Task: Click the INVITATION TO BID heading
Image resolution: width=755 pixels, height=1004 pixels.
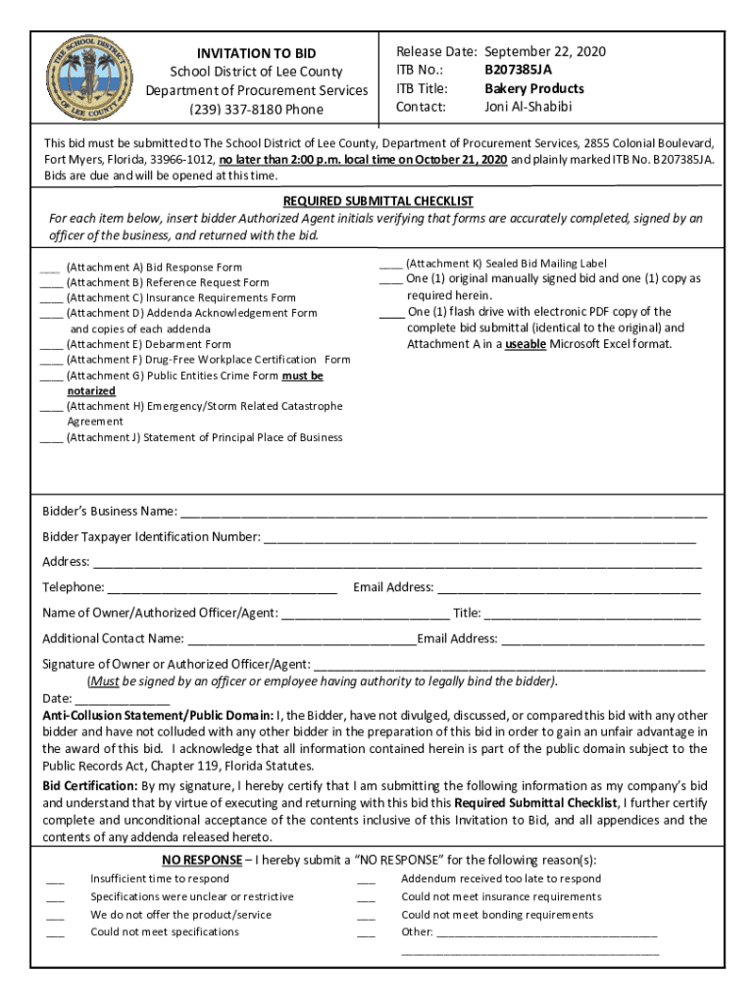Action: coord(257,53)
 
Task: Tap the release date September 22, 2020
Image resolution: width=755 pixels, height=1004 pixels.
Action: coord(545,52)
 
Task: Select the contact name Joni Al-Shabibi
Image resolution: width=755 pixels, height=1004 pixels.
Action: coord(528,107)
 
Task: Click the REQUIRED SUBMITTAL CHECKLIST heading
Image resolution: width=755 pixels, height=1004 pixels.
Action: coord(378,201)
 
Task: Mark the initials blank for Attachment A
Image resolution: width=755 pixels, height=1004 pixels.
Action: coord(51,267)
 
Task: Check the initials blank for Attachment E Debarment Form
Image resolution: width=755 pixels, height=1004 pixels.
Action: coord(51,344)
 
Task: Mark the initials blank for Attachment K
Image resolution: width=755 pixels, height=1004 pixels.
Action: coord(389,264)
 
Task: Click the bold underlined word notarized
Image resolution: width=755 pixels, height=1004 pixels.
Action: coord(91,391)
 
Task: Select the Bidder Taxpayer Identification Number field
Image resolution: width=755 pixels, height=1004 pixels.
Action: coord(479,537)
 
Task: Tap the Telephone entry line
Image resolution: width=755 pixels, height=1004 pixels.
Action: coord(222,588)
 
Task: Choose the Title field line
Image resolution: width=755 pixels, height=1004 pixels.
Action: coord(592,615)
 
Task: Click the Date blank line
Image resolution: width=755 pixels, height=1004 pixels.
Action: coord(122,700)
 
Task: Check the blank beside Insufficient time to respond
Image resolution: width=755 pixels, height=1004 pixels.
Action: coord(55,880)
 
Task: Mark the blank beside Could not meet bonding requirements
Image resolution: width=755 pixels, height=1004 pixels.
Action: coord(366,916)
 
